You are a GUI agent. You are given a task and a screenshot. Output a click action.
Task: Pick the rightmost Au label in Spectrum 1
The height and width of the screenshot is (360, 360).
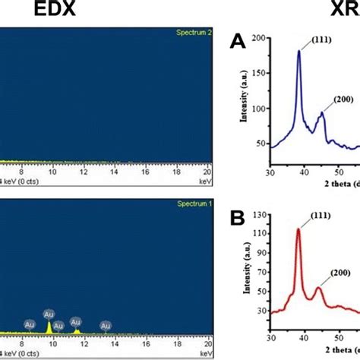[x=104, y=325]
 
